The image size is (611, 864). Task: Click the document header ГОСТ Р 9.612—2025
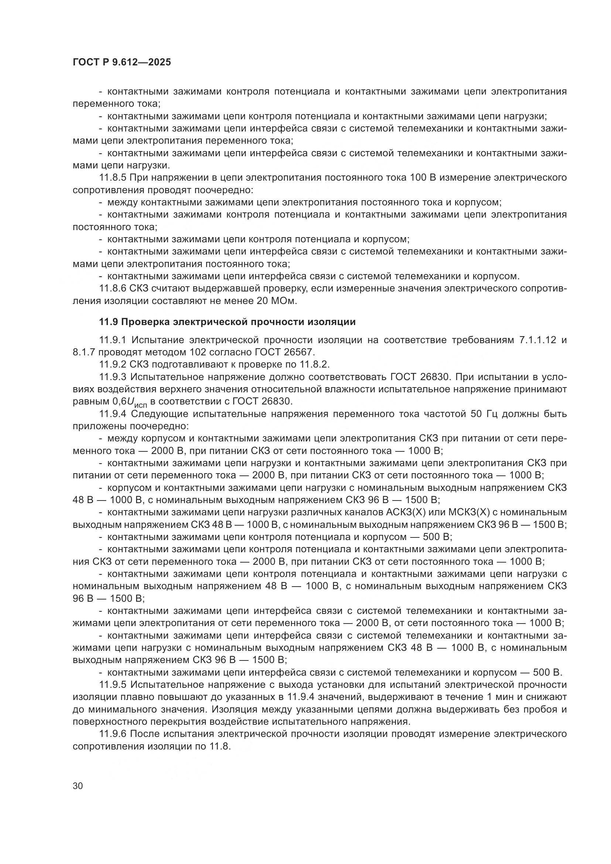(x=122, y=62)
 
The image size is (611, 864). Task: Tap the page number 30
(x=78, y=786)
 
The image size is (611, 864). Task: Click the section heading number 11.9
(x=108, y=322)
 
